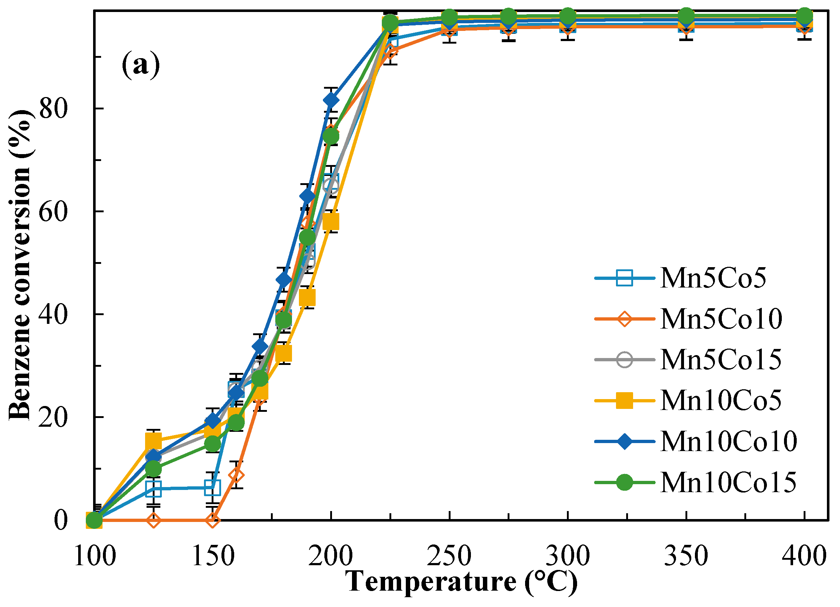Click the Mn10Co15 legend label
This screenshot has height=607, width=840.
(x=728, y=482)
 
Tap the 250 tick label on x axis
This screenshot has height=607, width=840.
(x=449, y=555)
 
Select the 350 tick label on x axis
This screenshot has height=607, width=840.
(x=686, y=555)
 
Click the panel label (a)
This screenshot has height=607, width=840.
(x=141, y=65)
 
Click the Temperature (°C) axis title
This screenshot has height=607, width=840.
(x=461, y=582)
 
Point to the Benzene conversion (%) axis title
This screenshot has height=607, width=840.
(x=20, y=265)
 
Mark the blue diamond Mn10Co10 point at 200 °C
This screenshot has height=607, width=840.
(x=331, y=100)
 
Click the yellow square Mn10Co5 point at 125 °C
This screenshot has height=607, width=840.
(x=153, y=441)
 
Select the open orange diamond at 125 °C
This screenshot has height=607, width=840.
(x=153, y=520)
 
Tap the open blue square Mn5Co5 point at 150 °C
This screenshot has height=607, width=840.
(x=212, y=488)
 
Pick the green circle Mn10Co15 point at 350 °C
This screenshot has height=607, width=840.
(x=686, y=16)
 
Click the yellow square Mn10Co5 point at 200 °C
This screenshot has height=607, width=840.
(x=331, y=221)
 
